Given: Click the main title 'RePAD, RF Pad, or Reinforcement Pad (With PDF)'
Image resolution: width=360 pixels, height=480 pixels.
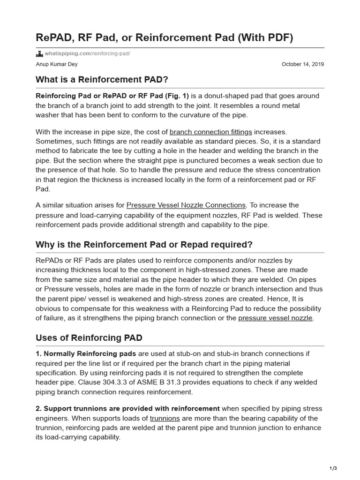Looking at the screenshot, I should pos(165,37).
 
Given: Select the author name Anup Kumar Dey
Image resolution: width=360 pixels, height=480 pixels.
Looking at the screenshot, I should pos(57,64).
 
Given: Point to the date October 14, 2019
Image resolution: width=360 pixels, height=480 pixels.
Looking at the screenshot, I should pos(302,64).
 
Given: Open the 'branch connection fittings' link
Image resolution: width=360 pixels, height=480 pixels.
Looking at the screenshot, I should pos(210,132).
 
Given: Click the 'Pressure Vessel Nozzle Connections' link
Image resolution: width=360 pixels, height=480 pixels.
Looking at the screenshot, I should pos(186,205).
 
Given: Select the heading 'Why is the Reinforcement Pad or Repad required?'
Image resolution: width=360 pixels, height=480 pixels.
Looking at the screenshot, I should pos(144,244).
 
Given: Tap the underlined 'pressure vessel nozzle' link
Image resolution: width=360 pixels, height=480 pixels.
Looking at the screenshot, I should pos(275,318).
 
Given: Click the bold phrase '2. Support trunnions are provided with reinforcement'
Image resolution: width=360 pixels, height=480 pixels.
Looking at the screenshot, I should pos(128,408).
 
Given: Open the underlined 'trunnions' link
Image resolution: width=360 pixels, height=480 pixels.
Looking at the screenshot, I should pos(165,418).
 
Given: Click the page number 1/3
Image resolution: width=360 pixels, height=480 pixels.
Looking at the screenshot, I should pos(333,468).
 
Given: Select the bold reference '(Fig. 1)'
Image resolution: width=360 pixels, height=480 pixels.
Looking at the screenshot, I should pos(177,96).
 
